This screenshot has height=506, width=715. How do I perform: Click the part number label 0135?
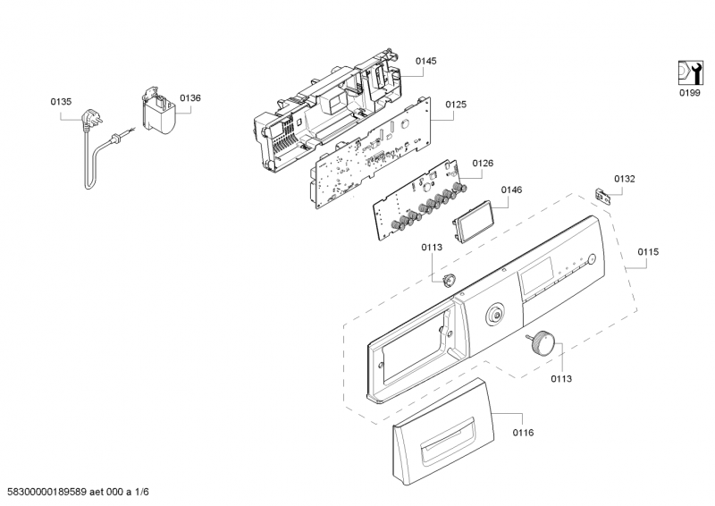60,102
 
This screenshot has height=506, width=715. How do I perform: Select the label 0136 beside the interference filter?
189,97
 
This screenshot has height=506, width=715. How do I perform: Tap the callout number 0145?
425,61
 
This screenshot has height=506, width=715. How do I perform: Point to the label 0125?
456,105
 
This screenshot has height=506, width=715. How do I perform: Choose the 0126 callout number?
483,163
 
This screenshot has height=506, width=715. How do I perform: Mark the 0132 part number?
624,179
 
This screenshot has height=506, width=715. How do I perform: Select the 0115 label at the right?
648,252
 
